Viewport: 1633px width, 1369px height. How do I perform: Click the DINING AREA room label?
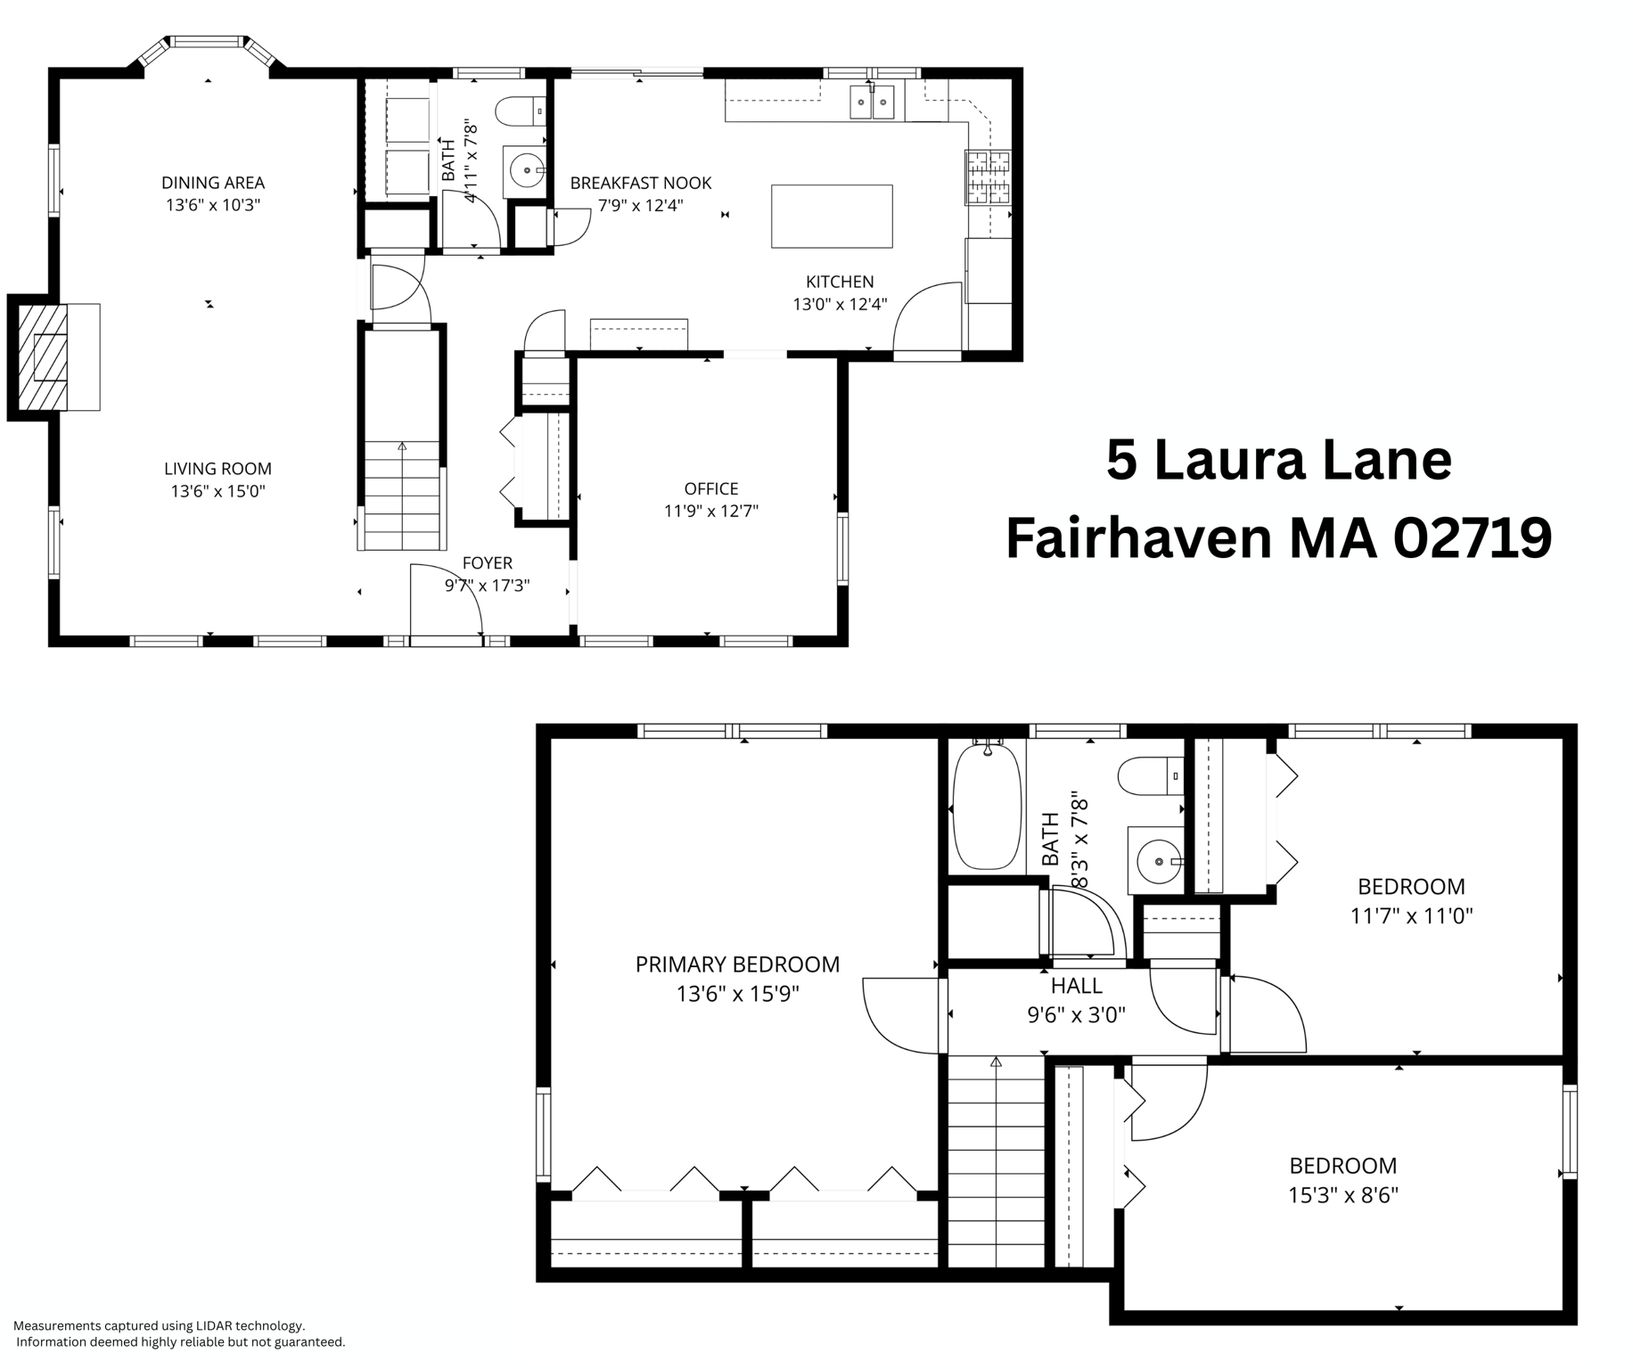pos(212,183)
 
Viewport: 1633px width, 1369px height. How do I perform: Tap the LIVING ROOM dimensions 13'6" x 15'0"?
pos(217,491)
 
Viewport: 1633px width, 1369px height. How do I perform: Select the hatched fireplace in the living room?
pos(43,357)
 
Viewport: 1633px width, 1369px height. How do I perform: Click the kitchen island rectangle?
pos(831,216)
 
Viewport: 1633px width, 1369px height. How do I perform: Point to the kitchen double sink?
pos(871,102)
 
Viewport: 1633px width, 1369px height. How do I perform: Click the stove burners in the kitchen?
pos(989,178)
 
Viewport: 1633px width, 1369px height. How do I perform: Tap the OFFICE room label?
pos(710,488)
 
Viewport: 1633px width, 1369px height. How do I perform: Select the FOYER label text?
pos(487,563)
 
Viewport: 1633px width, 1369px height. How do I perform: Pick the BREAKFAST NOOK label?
pos(640,183)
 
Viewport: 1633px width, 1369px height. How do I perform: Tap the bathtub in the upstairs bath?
pos(986,807)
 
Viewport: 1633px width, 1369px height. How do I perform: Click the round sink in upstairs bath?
pos(1157,862)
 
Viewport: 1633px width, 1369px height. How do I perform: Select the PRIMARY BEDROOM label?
pos(737,964)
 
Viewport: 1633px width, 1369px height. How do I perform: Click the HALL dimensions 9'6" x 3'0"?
pos(1076,1014)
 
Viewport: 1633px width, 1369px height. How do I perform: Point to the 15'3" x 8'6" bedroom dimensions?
pos(1342,1195)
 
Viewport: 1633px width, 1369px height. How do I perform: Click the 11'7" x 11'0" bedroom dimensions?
pos(1411,915)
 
